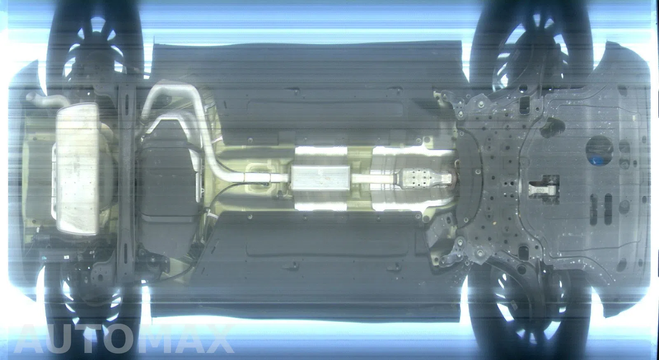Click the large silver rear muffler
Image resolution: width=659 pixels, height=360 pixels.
coord(77,169)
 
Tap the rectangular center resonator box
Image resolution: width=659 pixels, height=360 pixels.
coord(321,178)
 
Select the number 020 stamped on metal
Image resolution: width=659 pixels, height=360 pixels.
coord(540,191)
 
